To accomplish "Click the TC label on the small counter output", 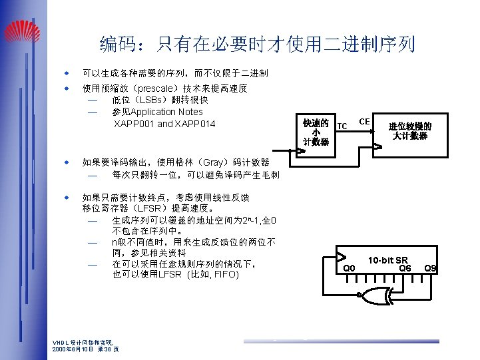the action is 342,126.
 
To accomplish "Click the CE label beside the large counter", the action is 364,121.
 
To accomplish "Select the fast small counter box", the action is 316,132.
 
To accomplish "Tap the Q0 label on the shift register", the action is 348,268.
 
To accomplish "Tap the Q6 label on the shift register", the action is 405,268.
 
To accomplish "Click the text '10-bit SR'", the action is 388,259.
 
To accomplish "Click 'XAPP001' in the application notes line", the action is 134,124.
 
